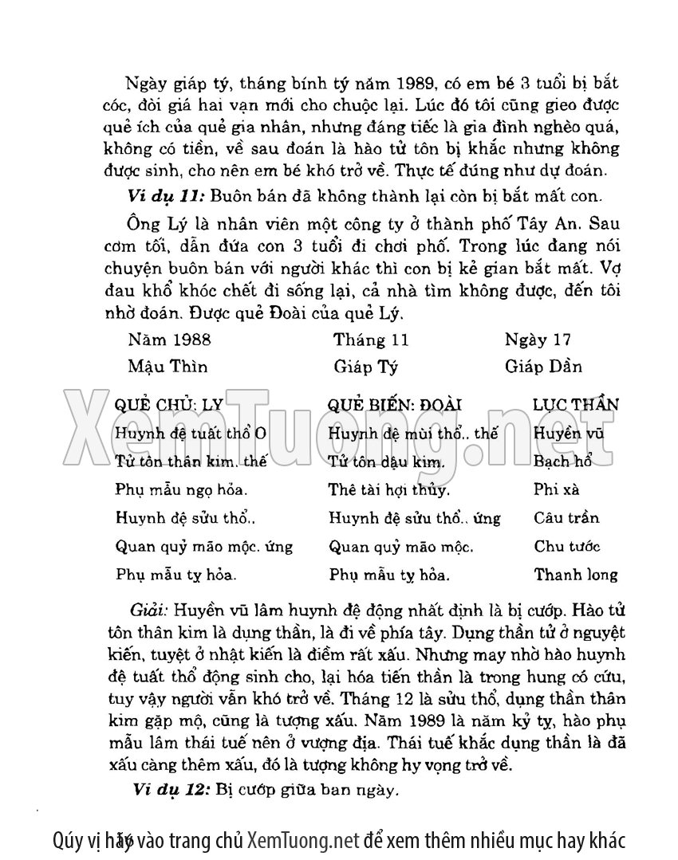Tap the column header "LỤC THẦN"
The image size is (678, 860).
pos(575,405)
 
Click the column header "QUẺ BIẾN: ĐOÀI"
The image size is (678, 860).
pos(395,405)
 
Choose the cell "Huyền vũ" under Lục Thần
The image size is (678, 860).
pos(569,434)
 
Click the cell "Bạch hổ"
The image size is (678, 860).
pos(562,461)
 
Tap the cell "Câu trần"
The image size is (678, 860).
pos(566,518)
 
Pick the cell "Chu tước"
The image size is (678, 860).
pos(567,547)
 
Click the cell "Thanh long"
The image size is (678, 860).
pos(575,575)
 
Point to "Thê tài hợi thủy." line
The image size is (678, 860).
pos(389,489)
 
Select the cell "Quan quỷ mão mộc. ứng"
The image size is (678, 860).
pos(203,547)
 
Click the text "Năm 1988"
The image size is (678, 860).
pos(169,340)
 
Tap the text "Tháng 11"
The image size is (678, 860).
pos(371,340)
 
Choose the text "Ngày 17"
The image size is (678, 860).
pos(538,340)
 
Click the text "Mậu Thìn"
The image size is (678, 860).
pos(168,367)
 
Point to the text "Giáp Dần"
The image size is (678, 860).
pos(543,367)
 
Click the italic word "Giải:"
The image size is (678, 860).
pos(148,611)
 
